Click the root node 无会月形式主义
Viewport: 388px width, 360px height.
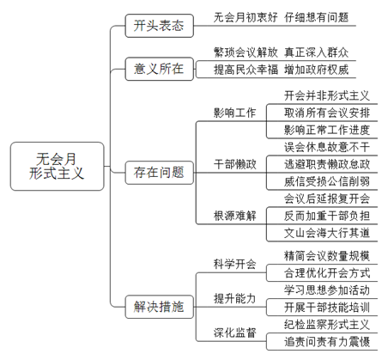click(57, 166)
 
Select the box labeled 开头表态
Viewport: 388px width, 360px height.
click(160, 26)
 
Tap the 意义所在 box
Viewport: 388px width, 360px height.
click(160, 69)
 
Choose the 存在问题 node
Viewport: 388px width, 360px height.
click(160, 173)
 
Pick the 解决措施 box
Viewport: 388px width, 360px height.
click(160, 307)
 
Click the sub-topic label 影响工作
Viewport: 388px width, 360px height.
click(234, 113)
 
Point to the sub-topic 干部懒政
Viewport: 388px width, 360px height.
click(234, 164)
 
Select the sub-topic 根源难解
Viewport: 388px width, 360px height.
click(234, 216)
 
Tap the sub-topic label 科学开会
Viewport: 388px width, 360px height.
click(234, 264)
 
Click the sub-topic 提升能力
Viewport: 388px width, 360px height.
click(234, 298)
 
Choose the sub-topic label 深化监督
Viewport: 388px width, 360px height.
click(234, 333)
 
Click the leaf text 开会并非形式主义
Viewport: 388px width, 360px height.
click(327, 95)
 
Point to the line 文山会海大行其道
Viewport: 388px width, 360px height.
click(327, 233)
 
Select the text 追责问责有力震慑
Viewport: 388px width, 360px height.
click(327, 341)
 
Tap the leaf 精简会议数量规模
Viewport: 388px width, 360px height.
click(327, 256)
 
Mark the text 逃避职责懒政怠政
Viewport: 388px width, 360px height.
click(327, 164)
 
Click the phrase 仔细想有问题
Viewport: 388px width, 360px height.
click(316, 17)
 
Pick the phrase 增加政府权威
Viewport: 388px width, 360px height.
click(316, 70)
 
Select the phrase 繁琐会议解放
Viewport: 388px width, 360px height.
click(246, 52)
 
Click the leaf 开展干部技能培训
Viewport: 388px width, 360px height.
click(327, 308)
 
